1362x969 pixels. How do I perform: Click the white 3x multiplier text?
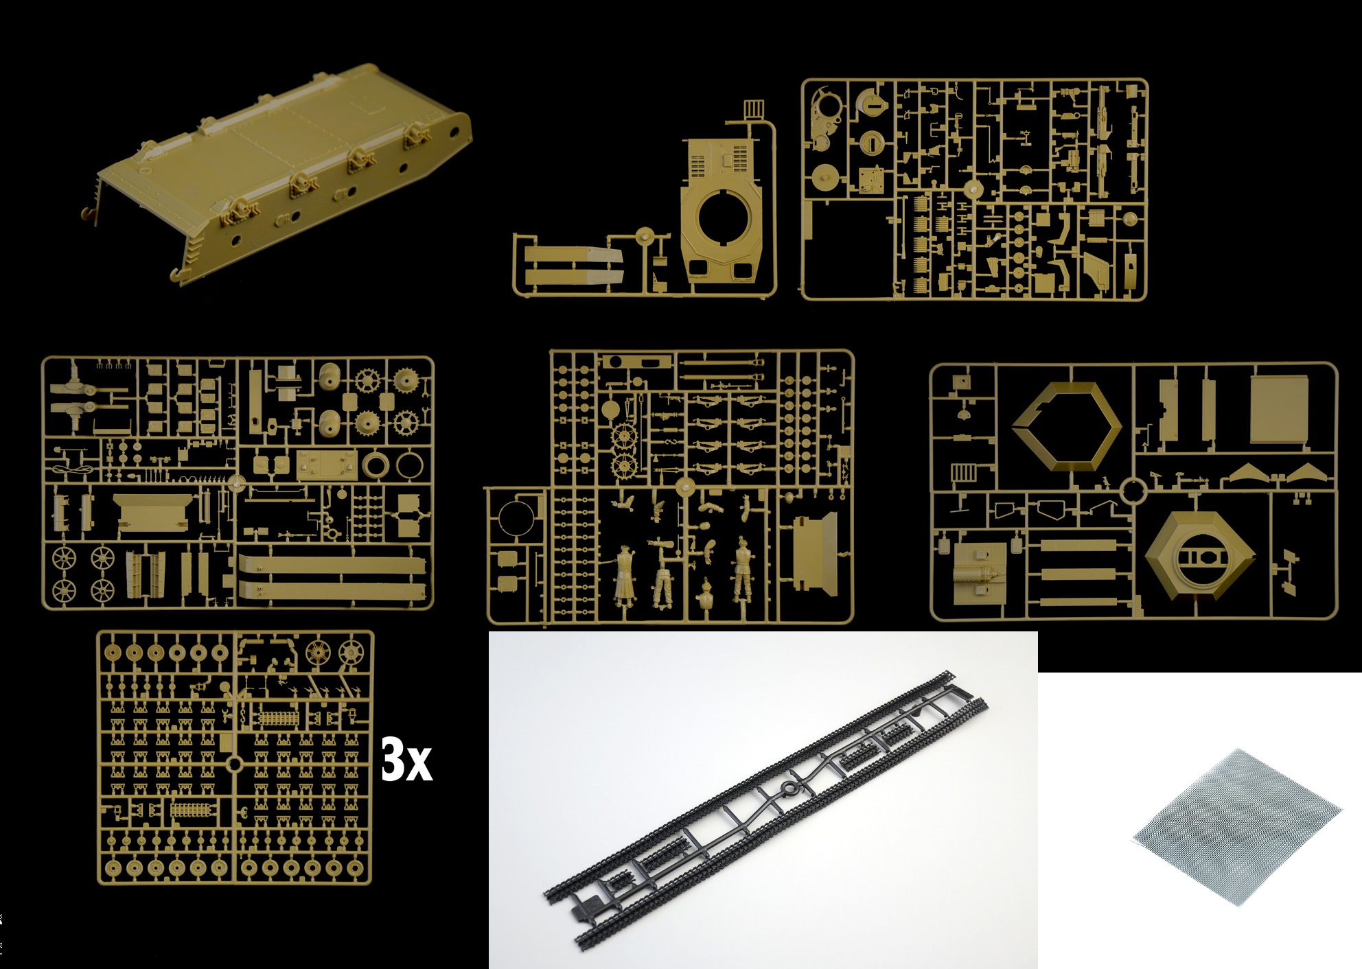click(x=406, y=760)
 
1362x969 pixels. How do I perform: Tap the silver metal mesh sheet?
click(x=1236, y=826)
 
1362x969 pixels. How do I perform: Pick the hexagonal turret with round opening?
click(x=1200, y=556)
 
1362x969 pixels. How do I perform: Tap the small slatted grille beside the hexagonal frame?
click(x=962, y=472)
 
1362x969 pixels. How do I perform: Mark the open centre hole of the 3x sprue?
click(x=234, y=764)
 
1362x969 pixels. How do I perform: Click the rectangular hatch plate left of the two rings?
click(x=327, y=465)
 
